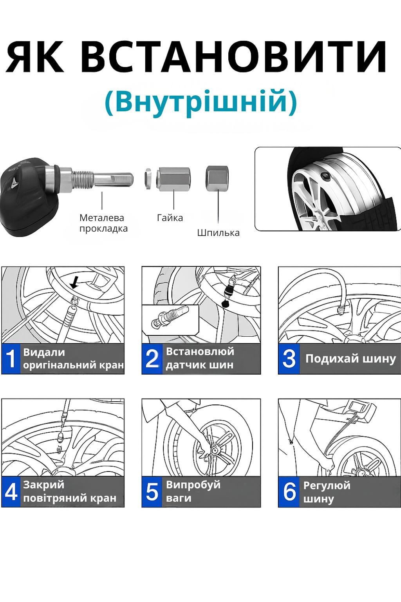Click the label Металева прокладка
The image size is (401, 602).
[x=103, y=223]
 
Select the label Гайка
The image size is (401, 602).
[x=170, y=218]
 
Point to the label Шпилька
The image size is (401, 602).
[x=218, y=233]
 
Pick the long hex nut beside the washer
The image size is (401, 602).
[x=174, y=179]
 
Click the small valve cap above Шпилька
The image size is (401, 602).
[x=217, y=178]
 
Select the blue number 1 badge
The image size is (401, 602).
[x=11, y=359]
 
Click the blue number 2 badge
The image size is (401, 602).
[x=152, y=359]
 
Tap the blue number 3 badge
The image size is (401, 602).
[x=289, y=359]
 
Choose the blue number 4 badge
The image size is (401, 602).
[x=11, y=492]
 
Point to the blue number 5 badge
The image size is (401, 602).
[x=152, y=492]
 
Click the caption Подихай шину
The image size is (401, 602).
[x=350, y=359]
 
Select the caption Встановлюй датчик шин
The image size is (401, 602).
[x=200, y=358]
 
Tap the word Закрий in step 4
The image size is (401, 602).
[x=43, y=485]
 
